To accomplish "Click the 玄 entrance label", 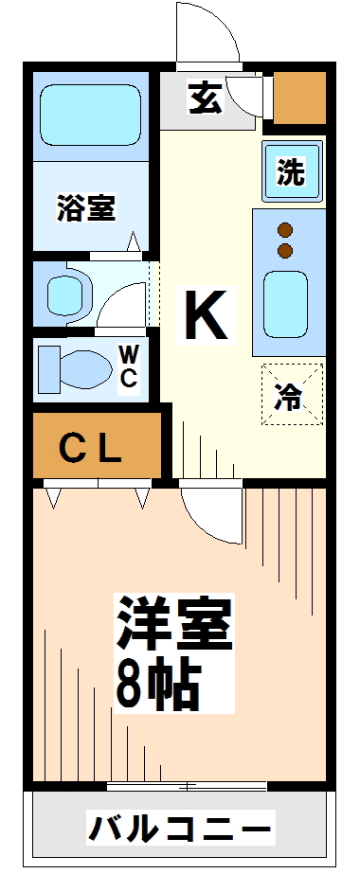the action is tap(206, 98).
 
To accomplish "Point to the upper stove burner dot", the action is tap(285, 230).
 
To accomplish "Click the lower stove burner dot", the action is tap(285, 250).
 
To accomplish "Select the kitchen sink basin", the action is tap(285, 304).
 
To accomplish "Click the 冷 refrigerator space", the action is tap(293, 394).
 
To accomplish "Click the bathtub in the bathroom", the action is tap(90, 116).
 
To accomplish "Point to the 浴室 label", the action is tap(86, 207).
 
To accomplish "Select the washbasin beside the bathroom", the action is tap(65, 294).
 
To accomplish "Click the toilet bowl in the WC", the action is tap(74, 368).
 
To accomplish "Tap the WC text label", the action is tap(128, 366).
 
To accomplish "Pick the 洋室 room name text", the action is tap(174, 623).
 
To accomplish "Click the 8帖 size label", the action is tap(157, 681).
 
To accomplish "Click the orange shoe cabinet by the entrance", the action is tap(299, 98).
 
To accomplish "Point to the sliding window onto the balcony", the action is tap(187, 787).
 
